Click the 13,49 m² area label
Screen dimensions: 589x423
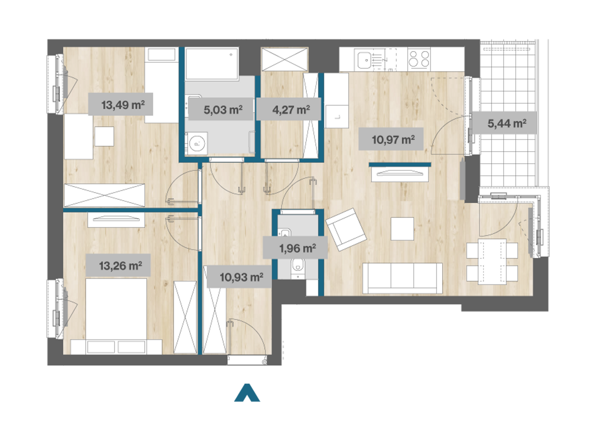click(123, 105)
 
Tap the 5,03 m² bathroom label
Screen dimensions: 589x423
click(223, 110)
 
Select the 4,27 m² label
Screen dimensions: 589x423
click(291, 110)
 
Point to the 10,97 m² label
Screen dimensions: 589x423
click(393, 140)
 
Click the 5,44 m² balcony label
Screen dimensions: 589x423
click(507, 123)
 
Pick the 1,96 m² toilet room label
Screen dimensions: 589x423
click(298, 248)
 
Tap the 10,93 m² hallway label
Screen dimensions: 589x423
click(241, 277)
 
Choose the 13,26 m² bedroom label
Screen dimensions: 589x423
click(120, 266)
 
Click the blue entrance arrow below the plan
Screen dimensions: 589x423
click(247, 393)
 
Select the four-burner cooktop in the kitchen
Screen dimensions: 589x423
click(419, 59)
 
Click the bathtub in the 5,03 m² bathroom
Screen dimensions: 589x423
click(212, 64)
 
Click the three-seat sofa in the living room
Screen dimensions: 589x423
click(402, 278)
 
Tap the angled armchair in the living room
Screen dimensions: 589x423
click(346, 229)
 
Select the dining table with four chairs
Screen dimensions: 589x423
click(492, 261)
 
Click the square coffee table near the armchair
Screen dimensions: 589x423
click(402, 229)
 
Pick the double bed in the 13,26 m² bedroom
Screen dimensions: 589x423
click(116, 316)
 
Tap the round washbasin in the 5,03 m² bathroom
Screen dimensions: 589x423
click(197, 144)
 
